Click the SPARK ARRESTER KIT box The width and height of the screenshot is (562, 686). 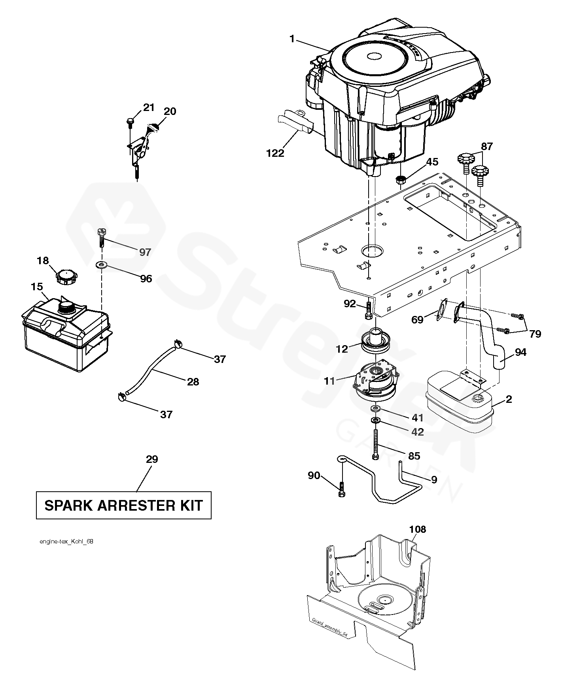123,505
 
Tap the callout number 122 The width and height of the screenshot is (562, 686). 275,153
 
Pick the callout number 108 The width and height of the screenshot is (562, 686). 418,529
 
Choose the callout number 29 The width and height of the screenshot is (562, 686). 152,459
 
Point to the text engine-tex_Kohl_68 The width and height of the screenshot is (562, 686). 66,541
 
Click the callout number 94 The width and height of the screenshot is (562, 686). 521,352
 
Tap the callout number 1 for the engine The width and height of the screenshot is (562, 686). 292,39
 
